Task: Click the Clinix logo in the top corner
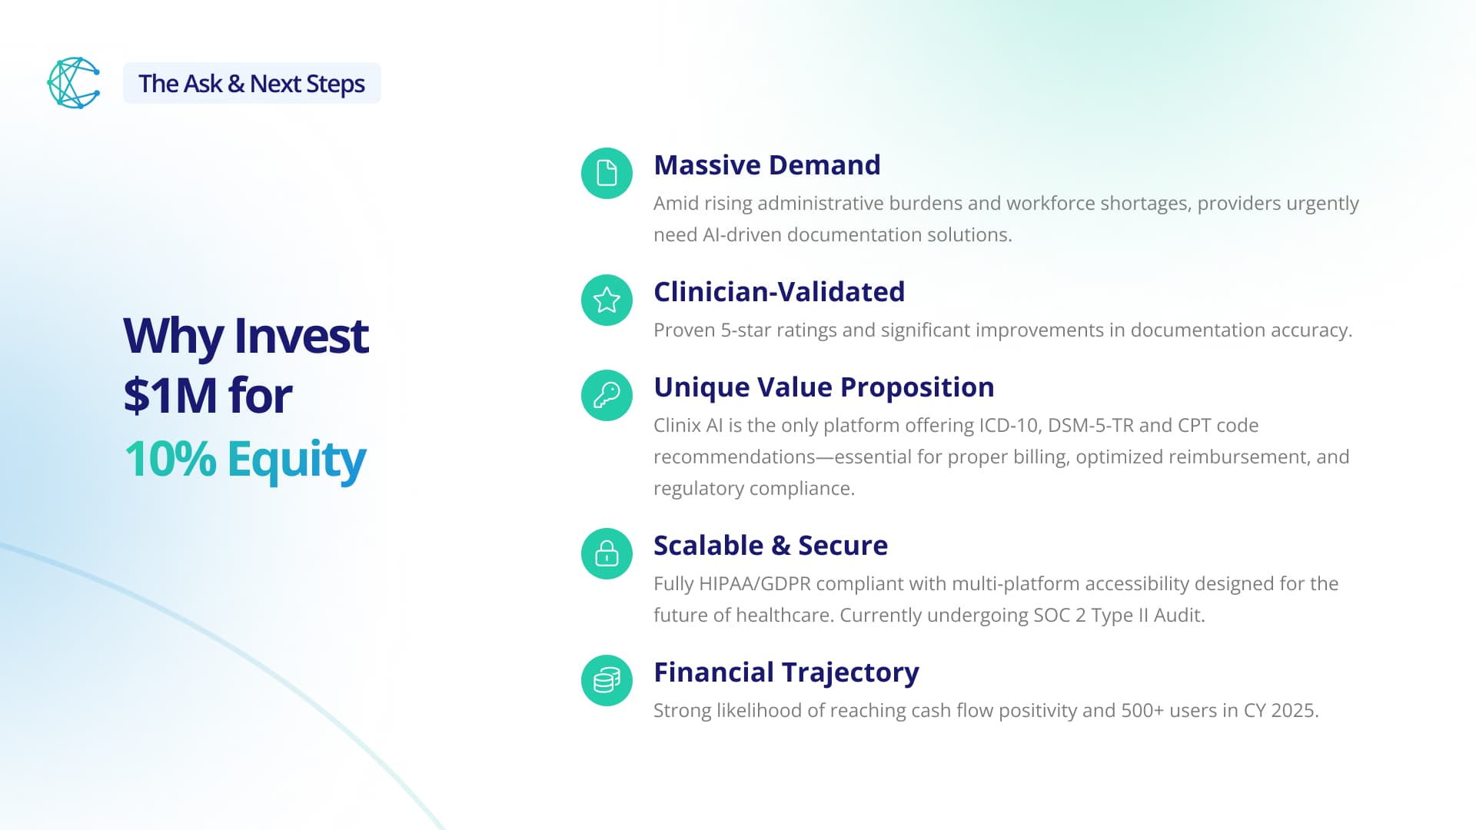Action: coord(74,83)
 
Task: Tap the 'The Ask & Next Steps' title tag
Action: coord(252,83)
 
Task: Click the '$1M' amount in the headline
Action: coord(170,396)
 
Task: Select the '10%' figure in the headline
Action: coord(170,459)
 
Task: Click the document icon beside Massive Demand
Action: coord(607,173)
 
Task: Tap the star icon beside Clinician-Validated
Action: coord(607,300)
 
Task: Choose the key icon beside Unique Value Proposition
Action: coord(607,395)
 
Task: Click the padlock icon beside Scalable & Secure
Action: coord(607,553)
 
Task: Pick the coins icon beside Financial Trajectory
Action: coord(607,680)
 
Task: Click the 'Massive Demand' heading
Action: coord(767,165)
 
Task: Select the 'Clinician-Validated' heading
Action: coord(780,292)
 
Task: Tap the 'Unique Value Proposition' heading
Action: coord(824,388)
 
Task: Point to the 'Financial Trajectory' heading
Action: coord(786,672)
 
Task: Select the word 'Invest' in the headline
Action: coord(301,336)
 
